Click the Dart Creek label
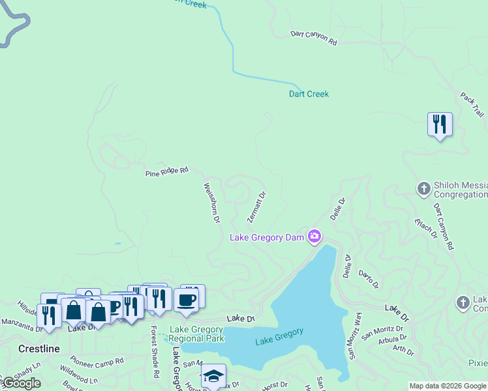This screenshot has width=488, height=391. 309,94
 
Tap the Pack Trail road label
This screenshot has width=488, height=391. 471,104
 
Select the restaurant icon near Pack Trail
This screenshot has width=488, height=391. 440,124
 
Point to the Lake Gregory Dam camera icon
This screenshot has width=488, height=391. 314,236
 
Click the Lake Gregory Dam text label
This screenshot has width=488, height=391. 267,237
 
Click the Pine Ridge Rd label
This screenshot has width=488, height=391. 166,171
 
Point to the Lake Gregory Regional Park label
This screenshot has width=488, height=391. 196,334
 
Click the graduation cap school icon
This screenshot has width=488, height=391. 213,376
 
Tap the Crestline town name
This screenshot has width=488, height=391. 38,349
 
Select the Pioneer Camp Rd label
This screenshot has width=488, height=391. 97,362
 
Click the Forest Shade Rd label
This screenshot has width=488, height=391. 155,352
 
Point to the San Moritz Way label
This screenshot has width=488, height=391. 354,336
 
